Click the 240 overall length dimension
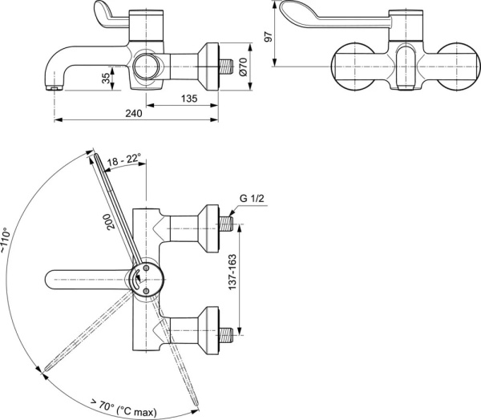pos(134,115)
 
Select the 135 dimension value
pos(189,99)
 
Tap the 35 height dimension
pos(106,78)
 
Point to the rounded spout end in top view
pos(49,279)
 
